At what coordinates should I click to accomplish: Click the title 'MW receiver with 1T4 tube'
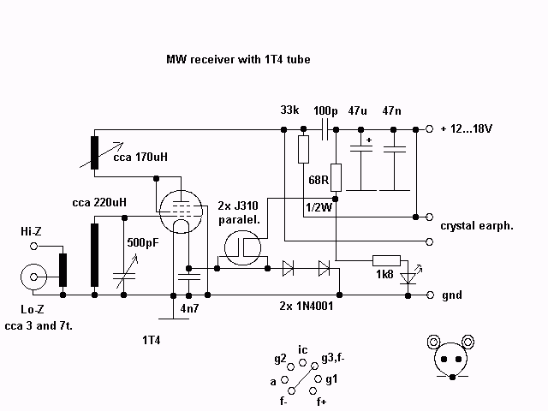[x=238, y=59]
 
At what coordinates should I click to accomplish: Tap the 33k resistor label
[x=289, y=110]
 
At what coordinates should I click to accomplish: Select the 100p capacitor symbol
[x=325, y=129]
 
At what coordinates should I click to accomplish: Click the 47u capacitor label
[x=357, y=110]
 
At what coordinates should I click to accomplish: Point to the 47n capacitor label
[x=391, y=110]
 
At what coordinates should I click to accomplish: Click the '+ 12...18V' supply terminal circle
[x=429, y=129]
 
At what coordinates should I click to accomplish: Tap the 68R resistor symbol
[x=336, y=177]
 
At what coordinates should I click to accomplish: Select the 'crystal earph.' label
[x=477, y=226]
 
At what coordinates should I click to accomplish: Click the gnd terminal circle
[x=430, y=295]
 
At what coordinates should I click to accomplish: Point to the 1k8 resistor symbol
[x=386, y=260]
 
